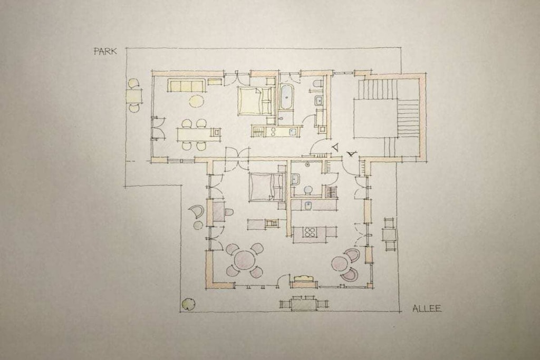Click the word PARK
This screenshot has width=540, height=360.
[x=105, y=51]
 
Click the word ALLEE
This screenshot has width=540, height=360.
[x=427, y=308]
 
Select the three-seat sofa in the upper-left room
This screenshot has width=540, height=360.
[x=186, y=85]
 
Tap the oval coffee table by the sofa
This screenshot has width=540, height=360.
[x=196, y=101]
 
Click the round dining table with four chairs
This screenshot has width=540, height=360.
[x=244, y=260]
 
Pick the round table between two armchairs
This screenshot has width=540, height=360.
[x=340, y=264]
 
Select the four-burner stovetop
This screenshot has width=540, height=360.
[x=309, y=232]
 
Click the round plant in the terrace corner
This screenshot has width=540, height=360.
[x=188, y=304]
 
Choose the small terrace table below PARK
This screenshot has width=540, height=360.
[x=134, y=96]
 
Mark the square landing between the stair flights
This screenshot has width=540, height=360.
[x=375, y=118]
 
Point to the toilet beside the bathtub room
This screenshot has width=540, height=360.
[x=318, y=84]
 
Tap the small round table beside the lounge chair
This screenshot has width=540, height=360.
[x=198, y=226]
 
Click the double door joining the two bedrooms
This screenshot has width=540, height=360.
[x=237, y=159]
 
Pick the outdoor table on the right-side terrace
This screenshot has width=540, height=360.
[x=389, y=235]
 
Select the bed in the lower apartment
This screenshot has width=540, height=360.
[x=266, y=187]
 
